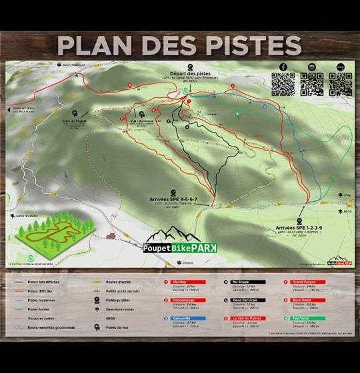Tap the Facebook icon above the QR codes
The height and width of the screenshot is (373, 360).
point(282,67)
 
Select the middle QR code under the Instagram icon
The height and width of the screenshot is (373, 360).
point(311,83)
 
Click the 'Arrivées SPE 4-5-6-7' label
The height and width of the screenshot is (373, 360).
point(173,199)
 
